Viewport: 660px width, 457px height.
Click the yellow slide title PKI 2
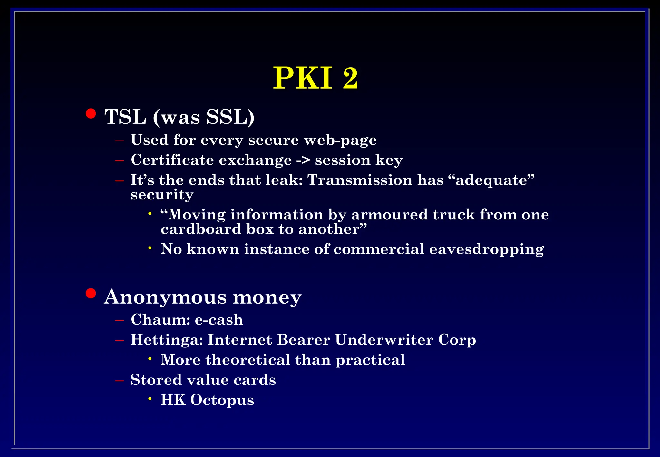[315, 78]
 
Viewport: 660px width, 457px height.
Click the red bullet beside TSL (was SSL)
[91, 114]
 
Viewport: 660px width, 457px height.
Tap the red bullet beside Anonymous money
[91, 294]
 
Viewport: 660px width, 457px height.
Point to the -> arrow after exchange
[303, 160]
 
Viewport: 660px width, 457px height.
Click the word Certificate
[172, 160]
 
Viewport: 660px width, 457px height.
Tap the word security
[162, 195]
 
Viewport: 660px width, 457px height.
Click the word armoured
[389, 215]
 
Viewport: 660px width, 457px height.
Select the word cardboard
[201, 229]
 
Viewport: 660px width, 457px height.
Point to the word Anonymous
[165, 297]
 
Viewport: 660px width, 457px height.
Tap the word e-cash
[219, 320]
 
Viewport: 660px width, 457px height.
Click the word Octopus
[222, 400]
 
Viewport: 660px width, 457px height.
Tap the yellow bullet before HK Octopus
[150, 399]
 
